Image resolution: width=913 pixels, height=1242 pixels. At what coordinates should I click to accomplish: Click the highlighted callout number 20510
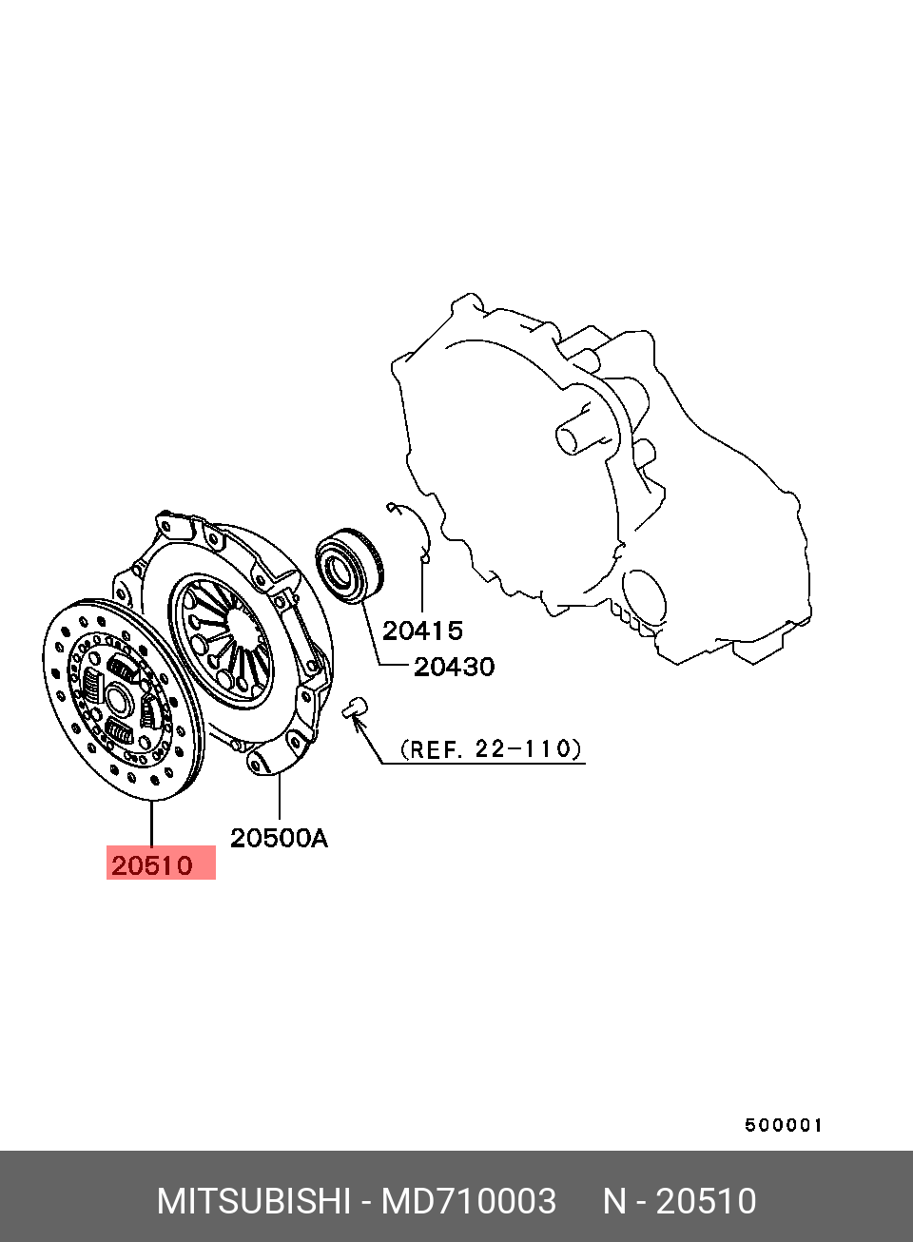point(152,865)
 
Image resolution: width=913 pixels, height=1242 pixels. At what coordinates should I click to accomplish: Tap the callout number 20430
point(454,667)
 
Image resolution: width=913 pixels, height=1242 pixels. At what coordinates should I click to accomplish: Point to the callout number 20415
point(422,631)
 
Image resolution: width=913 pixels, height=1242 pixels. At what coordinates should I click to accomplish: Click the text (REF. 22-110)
point(491,749)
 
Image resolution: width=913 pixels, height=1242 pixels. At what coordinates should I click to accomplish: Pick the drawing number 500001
point(784,1125)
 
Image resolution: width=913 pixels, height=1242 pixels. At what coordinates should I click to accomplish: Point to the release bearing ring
point(349,565)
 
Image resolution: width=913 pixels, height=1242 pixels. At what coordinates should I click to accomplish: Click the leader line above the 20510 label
point(151,823)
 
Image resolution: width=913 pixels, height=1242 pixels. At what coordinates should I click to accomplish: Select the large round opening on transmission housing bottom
point(645,598)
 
